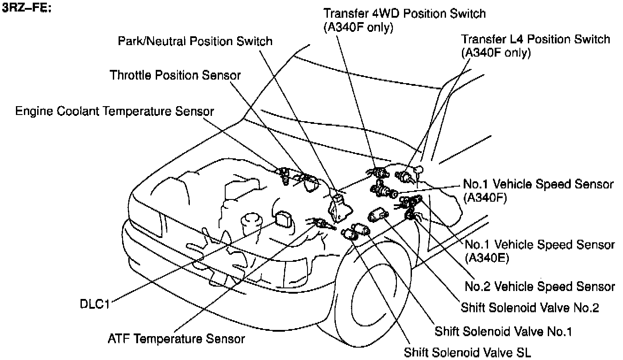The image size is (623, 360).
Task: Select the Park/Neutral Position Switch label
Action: pyautogui.click(x=195, y=42)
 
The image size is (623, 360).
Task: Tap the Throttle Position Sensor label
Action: pyautogui.click(x=175, y=75)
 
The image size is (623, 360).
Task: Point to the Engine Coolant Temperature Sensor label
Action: pyautogui.click(x=115, y=111)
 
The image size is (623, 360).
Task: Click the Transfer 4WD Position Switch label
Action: pyautogui.click(x=404, y=14)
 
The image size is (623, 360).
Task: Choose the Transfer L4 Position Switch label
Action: pyautogui.click(x=535, y=39)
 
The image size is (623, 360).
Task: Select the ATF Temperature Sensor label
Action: pyautogui.click(x=176, y=339)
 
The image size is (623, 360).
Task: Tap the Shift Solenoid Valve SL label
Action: pyautogui.click(x=467, y=352)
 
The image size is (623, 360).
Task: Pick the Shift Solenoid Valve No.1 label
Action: pyautogui.click(x=503, y=331)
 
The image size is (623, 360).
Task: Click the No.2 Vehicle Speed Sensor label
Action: pyautogui.click(x=540, y=287)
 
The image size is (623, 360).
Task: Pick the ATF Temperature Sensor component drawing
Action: pyautogui.click(x=319, y=223)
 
